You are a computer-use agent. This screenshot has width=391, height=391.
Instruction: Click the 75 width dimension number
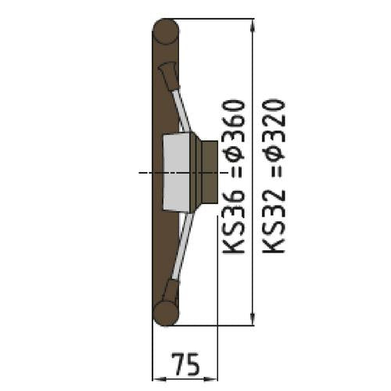click(185, 364)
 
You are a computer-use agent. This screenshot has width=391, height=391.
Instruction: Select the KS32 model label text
click(274, 221)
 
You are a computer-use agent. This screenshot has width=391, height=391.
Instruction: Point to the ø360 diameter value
click(234, 130)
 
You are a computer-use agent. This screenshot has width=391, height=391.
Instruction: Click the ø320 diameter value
click(274, 130)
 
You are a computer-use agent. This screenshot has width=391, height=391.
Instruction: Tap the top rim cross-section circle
click(166, 31)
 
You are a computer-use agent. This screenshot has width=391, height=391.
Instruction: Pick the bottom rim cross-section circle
click(166, 313)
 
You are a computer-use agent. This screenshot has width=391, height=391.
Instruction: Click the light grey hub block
click(177, 173)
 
